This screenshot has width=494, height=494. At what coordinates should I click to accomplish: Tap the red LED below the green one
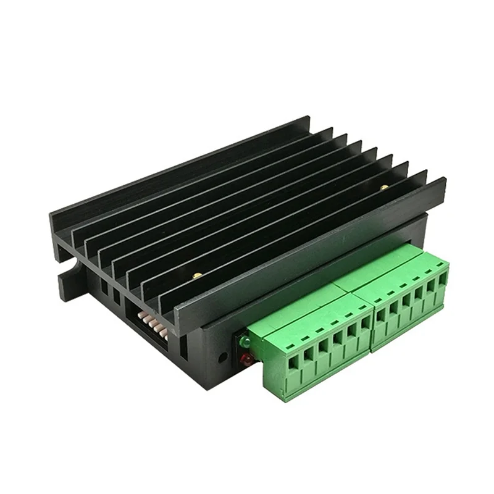click(x=245, y=359)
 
